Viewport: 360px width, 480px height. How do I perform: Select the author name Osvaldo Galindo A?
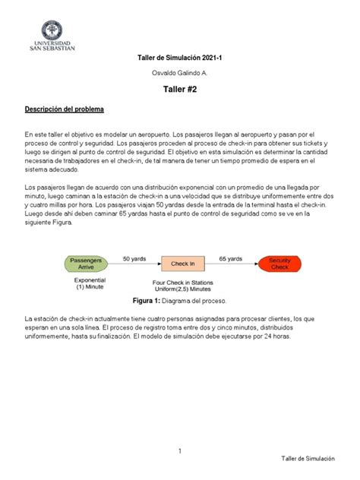click(x=179, y=73)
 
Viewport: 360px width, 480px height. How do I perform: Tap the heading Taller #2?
click(x=179, y=90)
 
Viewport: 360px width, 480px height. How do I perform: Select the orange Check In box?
click(x=182, y=264)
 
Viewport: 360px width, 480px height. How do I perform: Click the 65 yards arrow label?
click(x=231, y=259)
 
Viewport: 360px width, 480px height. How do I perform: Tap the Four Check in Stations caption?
click(x=182, y=283)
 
